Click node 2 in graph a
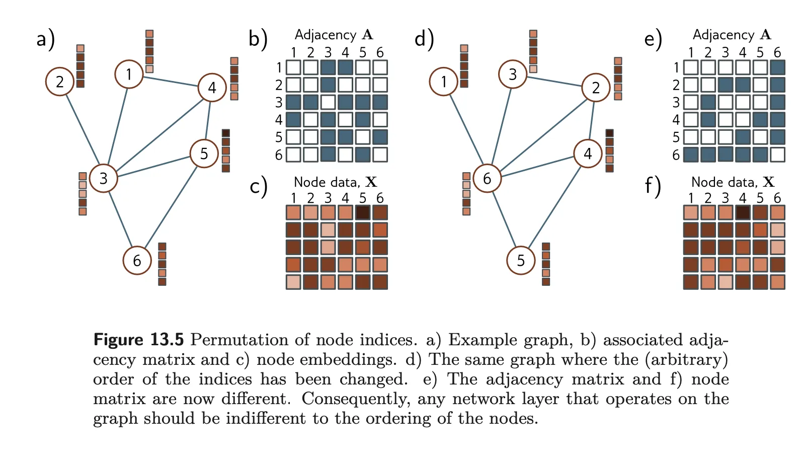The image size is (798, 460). (60, 82)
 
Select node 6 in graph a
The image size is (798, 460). (137, 260)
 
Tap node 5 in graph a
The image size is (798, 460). (204, 154)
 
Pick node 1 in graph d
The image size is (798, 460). (443, 82)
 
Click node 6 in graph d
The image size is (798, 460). (487, 178)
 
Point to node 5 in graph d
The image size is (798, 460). (521, 260)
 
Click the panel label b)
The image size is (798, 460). (258, 39)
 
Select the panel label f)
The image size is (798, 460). (653, 186)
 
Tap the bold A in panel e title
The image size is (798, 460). (765, 35)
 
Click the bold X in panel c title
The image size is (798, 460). (371, 182)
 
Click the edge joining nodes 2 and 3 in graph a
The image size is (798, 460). (82, 129)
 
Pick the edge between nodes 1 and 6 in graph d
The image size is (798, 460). (465, 130)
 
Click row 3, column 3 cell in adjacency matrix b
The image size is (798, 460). (328, 102)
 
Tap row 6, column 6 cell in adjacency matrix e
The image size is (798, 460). (777, 154)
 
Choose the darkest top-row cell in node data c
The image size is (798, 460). (363, 212)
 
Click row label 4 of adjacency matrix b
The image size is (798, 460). (279, 120)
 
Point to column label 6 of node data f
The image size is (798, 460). (777, 198)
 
